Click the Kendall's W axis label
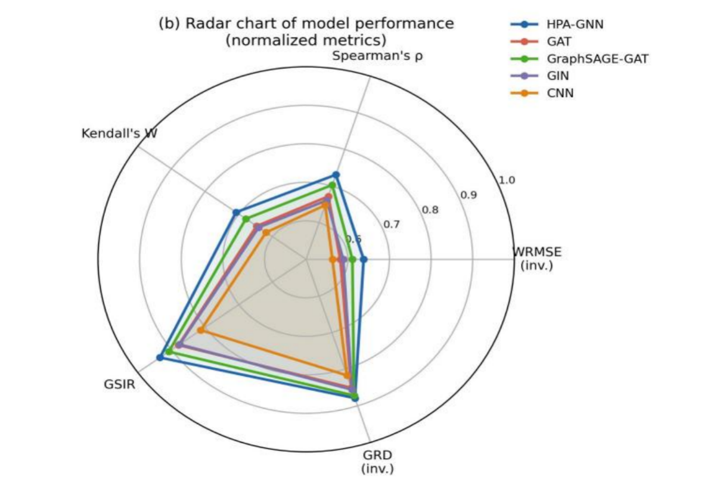click(x=119, y=133)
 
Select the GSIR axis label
click(x=119, y=384)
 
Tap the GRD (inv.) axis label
click(x=377, y=462)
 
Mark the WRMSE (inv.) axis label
click(x=537, y=258)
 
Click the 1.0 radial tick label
click(x=507, y=180)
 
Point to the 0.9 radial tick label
click(x=468, y=195)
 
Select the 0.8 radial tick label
click(x=430, y=210)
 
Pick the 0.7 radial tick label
click(x=392, y=225)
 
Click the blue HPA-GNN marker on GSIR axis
click(x=160, y=357)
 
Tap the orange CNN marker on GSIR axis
click(x=201, y=330)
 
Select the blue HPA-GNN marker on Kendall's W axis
click(x=236, y=213)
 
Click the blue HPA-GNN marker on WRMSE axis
click(x=364, y=259)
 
